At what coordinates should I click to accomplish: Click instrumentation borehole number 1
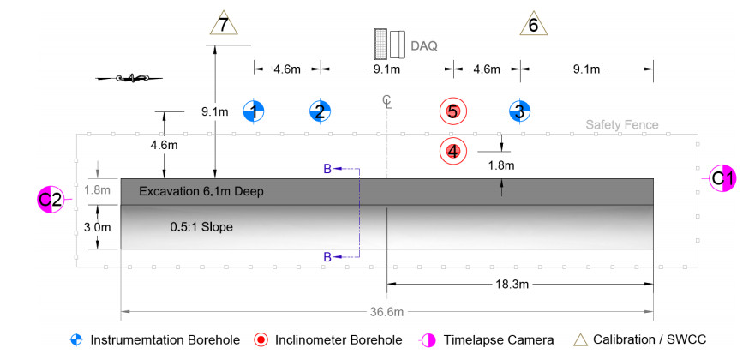click(x=254, y=111)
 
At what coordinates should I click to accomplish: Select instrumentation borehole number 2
click(x=320, y=111)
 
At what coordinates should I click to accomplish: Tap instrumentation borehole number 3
click(x=519, y=111)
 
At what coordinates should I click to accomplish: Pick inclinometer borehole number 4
click(x=452, y=151)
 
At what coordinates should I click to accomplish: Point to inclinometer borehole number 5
click(x=452, y=111)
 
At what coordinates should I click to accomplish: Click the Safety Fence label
click(x=622, y=124)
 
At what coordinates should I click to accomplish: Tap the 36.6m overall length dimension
click(x=386, y=310)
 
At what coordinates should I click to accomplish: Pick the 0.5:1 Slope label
click(x=201, y=227)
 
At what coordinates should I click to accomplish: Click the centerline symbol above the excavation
click(x=388, y=103)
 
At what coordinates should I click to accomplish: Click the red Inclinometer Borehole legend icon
click(x=261, y=339)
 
